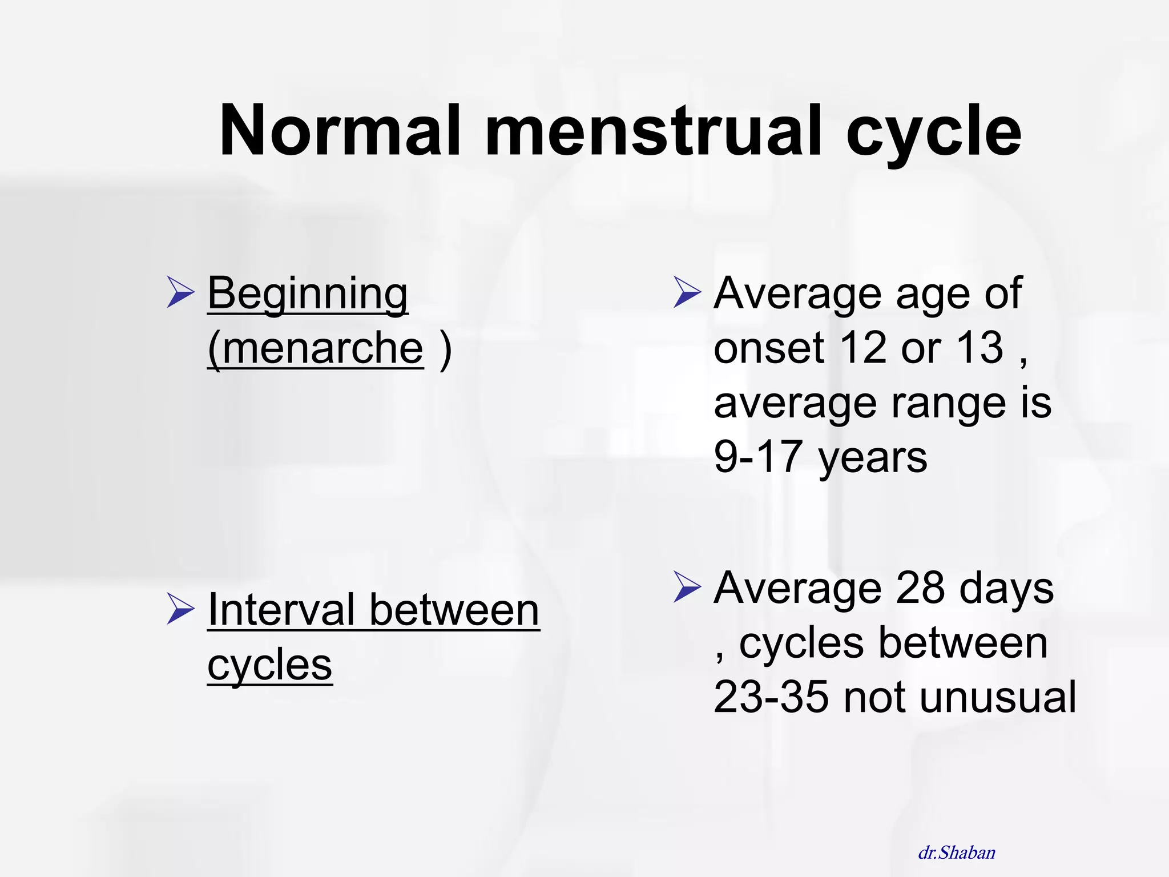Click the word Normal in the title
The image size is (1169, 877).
tap(340, 131)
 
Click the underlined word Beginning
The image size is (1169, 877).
tap(307, 294)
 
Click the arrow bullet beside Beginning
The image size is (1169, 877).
tap(180, 292)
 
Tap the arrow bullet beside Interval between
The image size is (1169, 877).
tap(180, 608)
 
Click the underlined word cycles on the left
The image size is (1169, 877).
tap(269, 665)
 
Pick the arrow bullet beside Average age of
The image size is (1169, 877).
tap(687, 292)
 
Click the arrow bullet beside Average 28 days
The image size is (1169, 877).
tap(687, 586)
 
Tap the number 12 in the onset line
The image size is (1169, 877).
tap(863, 348)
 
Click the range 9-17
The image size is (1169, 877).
tap(758, 457)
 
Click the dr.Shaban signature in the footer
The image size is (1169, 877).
tap(957, 853)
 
